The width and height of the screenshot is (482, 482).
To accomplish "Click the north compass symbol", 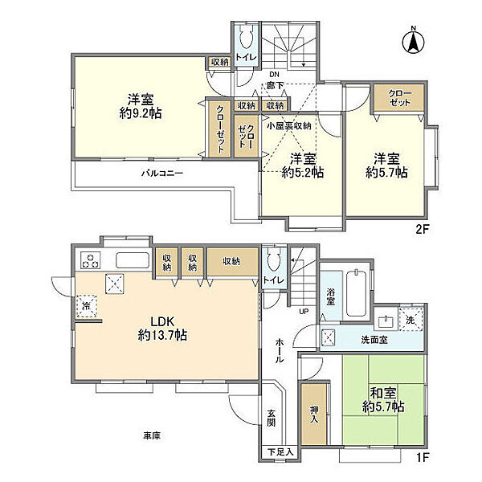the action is [x=414, y=41].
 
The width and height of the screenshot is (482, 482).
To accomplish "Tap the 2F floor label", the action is [x=422, y=229].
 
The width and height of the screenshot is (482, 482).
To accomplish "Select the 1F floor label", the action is [x=423, y=457].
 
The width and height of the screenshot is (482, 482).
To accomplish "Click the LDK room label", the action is [x=162, y=321].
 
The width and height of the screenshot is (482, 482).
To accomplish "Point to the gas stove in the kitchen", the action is [x=90, y=260].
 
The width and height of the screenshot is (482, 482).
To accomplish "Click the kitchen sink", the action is [x=133, y=260].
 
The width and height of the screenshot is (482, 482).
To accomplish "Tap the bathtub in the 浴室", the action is [x=356, y=292].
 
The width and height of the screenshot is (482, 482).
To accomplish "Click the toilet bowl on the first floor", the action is [x=274, y=259].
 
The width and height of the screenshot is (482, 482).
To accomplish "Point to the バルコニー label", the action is [x=162, y=174].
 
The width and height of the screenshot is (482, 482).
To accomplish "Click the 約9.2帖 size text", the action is [x=141, y=114].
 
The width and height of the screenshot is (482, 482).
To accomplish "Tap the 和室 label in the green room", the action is [x=383, y=393].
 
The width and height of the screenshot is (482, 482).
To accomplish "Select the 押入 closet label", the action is [x=314, y=414].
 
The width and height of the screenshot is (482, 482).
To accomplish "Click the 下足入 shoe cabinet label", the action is [x=280, y=452].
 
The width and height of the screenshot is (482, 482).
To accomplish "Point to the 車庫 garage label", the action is [x=152, y=435].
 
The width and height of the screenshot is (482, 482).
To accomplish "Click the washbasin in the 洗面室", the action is [x=386, y=322].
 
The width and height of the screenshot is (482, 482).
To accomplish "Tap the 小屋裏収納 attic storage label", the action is [x=289, y=126].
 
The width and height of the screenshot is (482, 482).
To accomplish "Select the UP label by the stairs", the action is [x=304, y=312].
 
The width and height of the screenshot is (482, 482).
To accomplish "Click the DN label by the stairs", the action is [x=274, y=75].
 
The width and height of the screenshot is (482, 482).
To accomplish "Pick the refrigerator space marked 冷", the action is [x=87, y=306].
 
